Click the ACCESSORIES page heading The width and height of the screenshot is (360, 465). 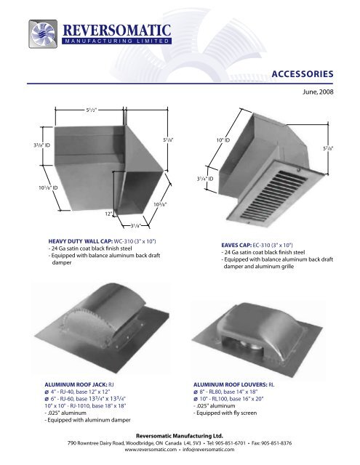[302, 73]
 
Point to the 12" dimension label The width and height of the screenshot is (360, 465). [108, 214]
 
